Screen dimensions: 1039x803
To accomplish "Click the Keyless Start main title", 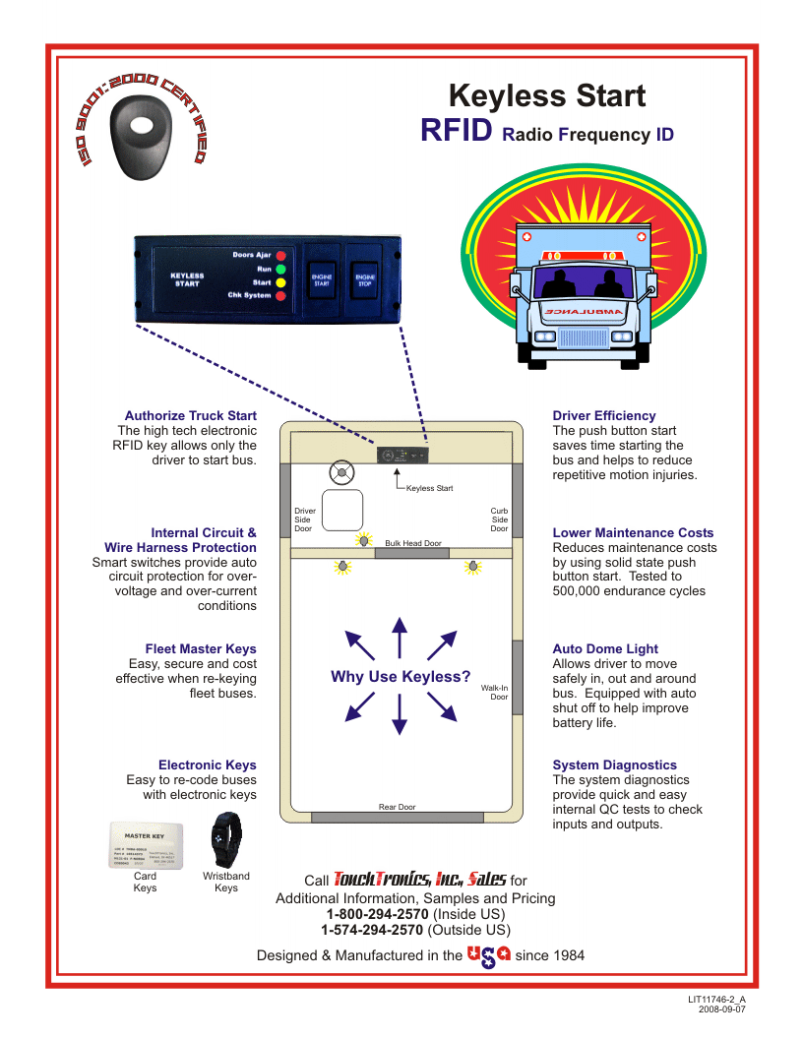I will coord(546,95).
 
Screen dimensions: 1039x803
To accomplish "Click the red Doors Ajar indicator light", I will coord(280,255).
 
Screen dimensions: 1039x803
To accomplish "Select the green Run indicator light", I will coord(280,269).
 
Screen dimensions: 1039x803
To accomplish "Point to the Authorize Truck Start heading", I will coord(190,416).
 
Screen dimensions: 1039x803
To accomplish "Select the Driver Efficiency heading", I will coord(604,416).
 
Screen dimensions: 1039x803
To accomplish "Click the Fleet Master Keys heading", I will coord(201,649).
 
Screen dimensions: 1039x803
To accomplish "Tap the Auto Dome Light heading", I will coord(605,649).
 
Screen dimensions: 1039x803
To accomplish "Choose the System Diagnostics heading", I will coord(615,765).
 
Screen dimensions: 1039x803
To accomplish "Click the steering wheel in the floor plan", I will coord(341,473).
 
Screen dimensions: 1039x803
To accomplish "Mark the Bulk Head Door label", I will coord(413,543).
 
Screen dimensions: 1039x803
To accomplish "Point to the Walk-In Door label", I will coord(494,693).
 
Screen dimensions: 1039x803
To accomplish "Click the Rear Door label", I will coord(398,807).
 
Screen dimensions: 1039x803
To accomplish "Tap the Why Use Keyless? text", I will coord(401,677).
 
